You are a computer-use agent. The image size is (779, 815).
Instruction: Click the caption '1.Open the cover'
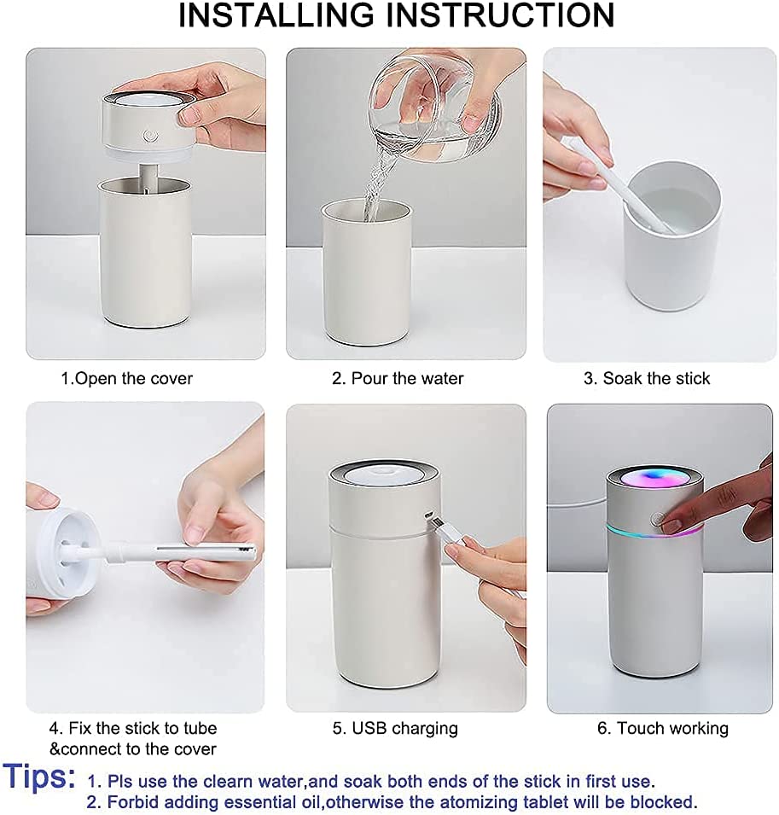pos(126,378)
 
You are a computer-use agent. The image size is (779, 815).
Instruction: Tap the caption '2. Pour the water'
pos(398,378)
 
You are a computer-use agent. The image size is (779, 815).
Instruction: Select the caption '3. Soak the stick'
pos(647,378)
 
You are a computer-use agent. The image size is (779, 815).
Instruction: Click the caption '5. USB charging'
pos(395,728)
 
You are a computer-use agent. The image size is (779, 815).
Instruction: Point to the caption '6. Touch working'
pos(661,728)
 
